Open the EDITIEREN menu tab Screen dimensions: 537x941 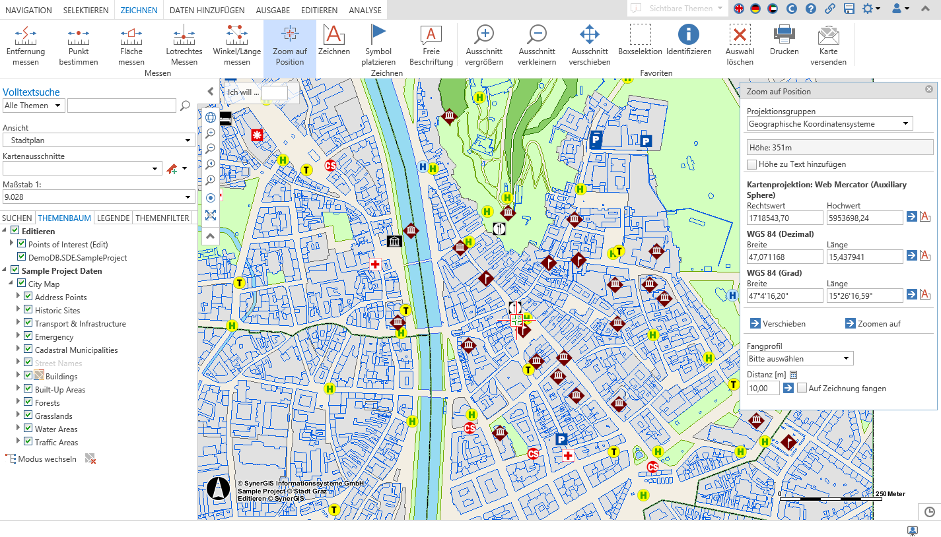tap(319, 10)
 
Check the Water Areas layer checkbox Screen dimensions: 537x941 tap(28, 429)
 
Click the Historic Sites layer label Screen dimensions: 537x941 tap(57, 310)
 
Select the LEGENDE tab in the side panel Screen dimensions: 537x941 tap(113, 218)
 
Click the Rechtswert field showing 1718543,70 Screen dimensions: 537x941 tap(784, 217)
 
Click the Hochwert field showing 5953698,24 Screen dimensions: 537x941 tap(864, 217)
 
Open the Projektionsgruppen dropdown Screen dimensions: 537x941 tap(829, 123)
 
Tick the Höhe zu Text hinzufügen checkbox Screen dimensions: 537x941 tap(751, 164)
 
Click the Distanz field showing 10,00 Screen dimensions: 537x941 tap(763, 389)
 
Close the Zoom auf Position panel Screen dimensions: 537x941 tap(929, 89)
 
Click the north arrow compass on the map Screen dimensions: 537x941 tap(219, 489)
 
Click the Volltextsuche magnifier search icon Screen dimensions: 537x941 tap(185, 106)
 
